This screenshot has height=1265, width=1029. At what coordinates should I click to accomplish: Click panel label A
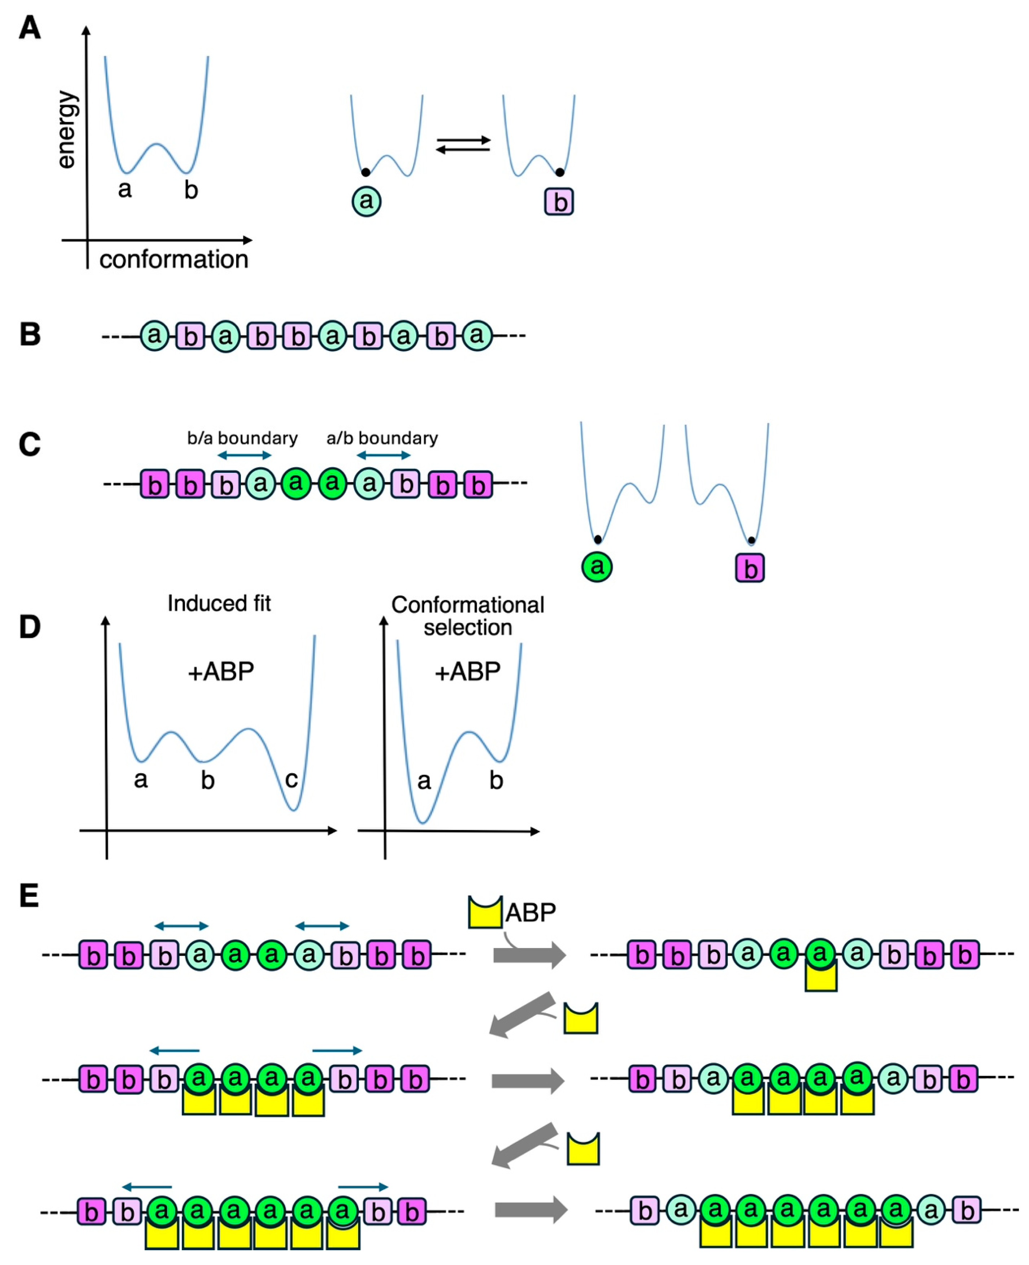pos(30,28)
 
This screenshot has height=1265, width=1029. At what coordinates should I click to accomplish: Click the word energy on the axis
pos(67,130)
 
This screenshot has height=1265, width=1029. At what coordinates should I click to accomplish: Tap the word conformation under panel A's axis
pos(174,260)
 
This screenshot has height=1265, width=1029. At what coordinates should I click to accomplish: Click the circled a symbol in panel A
pos(366,202)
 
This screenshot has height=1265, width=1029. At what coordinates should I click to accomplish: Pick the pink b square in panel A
pos(559,202)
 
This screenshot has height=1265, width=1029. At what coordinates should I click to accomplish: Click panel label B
pos(30,335)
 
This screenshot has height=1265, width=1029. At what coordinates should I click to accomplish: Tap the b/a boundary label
pos(242,438)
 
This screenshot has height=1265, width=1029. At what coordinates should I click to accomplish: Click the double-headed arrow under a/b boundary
pos(383,455)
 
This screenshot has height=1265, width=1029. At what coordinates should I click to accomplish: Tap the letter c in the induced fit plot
pos(291,780)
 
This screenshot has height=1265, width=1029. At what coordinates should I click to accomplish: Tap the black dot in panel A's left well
pos(366,172)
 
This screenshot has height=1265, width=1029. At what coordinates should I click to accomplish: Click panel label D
pos(30,627)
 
